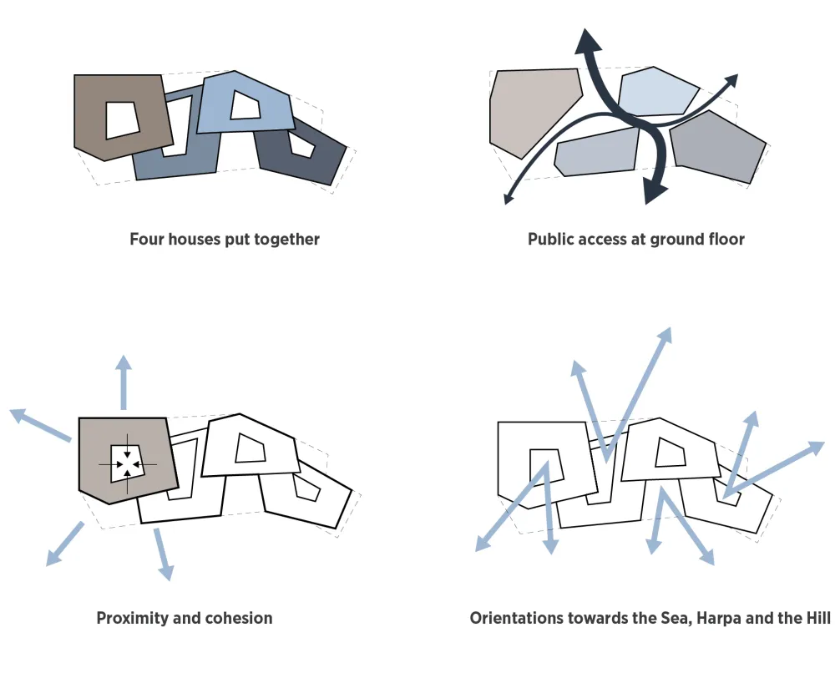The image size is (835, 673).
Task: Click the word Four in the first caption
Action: coord(148,240)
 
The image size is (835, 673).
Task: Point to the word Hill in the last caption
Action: coord(816,619)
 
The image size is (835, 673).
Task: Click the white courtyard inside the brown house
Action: coord(122,119)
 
